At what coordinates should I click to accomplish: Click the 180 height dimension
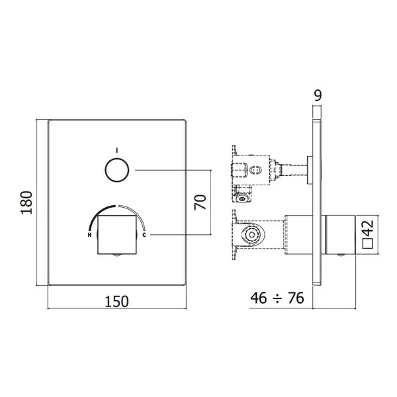pos(27,202)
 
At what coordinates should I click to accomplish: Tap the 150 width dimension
pos(116,301)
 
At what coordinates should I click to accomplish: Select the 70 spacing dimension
pos(200,202)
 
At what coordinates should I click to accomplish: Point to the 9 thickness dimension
pos(318,95)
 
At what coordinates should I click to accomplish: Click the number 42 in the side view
pos(368,228)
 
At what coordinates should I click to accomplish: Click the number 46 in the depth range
pos(259,298)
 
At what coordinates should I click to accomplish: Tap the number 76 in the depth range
pos(296,298)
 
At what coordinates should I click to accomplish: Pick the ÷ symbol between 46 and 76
pos(277,299)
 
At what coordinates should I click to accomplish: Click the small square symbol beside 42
pos(368,243)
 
